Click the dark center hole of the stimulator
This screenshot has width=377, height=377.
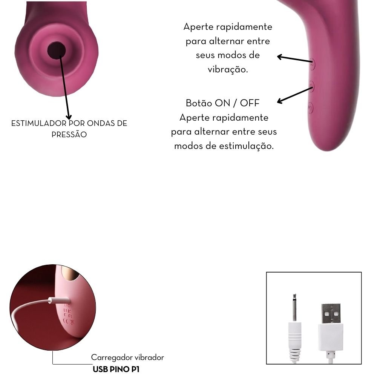click(x=56, y=49)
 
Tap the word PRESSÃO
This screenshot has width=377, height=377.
click(x=69, y=134)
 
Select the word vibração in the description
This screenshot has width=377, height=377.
click(x=228, y=70)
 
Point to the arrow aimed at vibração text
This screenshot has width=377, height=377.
click(x=294, y=59)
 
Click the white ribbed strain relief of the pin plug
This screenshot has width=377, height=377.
click(x=294, y=349)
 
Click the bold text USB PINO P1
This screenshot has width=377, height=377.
click(x=116, y=369)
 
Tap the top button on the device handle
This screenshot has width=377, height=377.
click(x=312, y=64)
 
